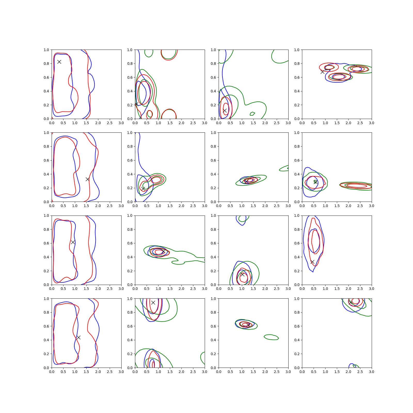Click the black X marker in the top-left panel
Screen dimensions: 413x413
tap(59, 62)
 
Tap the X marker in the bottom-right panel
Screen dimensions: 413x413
tap(351, 303)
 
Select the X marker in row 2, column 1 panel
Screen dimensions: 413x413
tap(88, 179)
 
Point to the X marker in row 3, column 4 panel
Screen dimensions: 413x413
tap(312, 262)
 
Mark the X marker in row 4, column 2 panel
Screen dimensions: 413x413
tap(153, 303)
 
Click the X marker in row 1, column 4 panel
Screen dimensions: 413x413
tap(323, 72)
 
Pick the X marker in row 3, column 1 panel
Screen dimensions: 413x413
tap(73, 242)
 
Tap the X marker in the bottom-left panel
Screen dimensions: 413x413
tap(78, 337)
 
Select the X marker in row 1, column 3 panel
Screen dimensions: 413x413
tap(225, 110)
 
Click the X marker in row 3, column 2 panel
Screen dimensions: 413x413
tap(163, 251)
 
